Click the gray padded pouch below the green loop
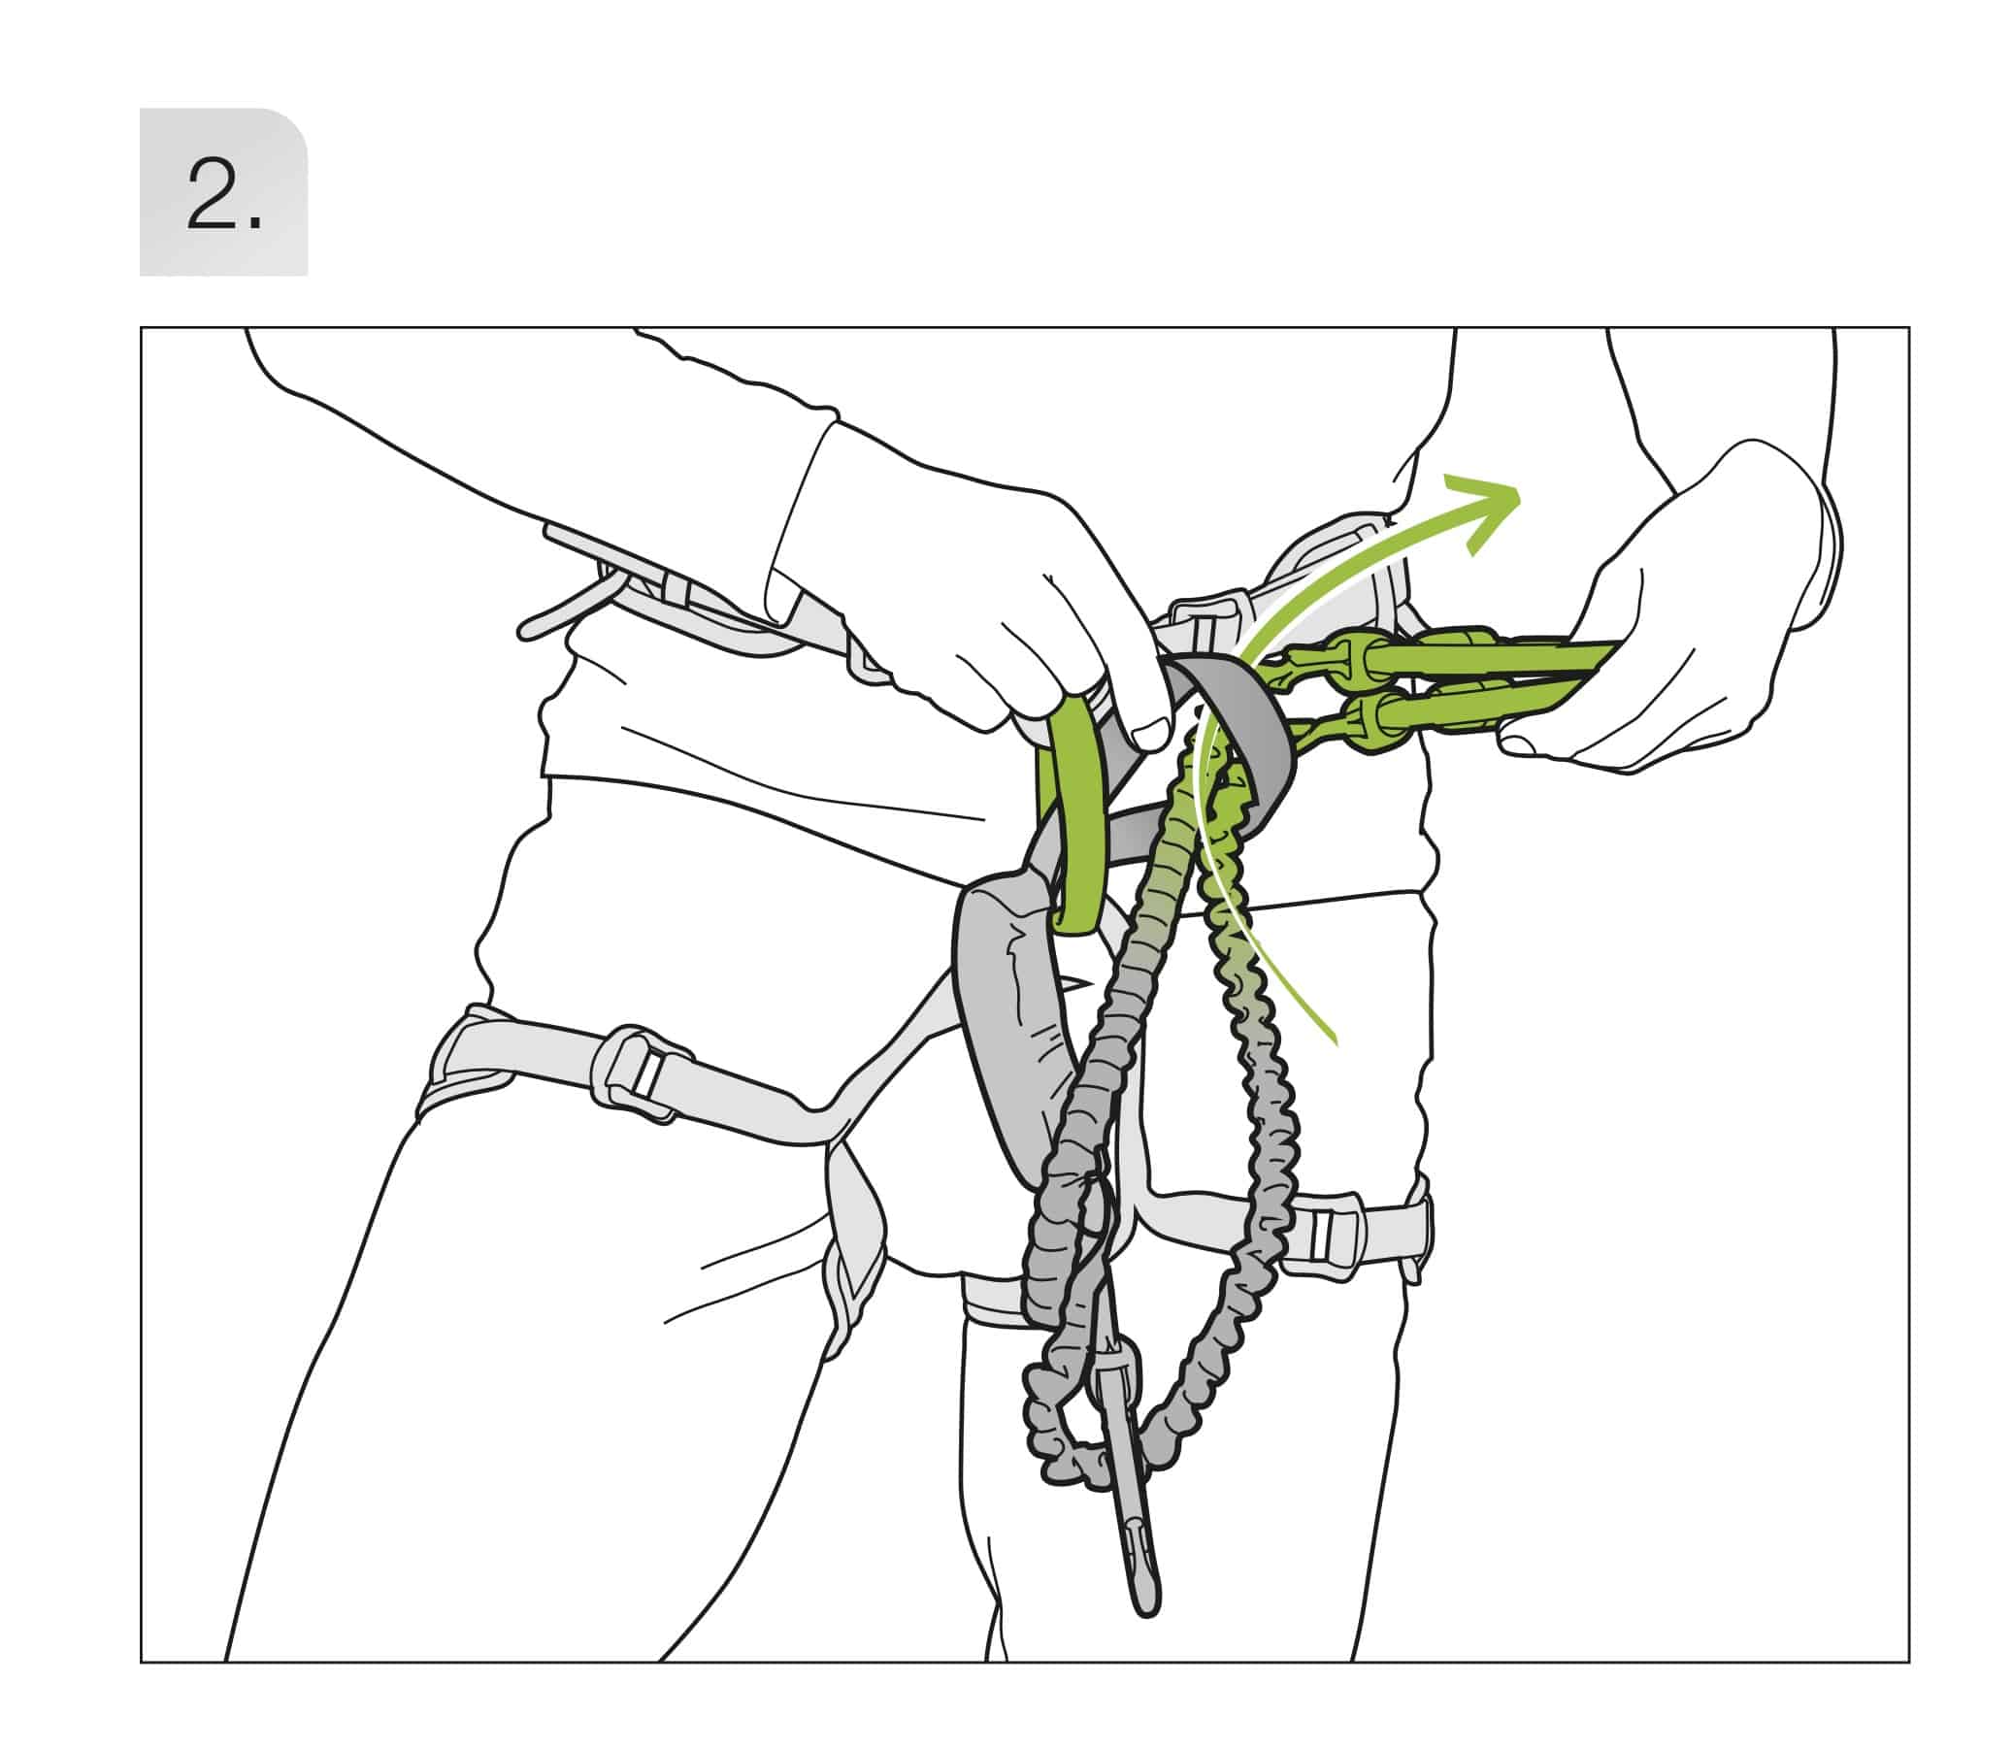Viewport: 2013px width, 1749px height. [x=1015, y=1015]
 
